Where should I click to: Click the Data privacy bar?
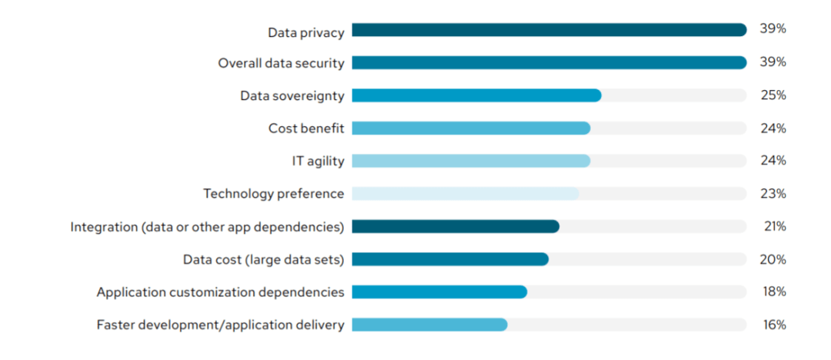click(x=549, y=30)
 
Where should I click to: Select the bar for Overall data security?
click(x=549, y=63)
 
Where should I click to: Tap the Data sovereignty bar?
click(x=476, y=95)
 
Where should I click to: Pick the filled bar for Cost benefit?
click(x=471, y=128)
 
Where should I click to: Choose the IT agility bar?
click(x=471, y=161)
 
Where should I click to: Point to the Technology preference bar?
click(x=466, y=194)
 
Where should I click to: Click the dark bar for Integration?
click(x=456, y=226)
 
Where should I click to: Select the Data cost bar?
click(x=450, y=259)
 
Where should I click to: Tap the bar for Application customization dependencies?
click(x=439, y=292)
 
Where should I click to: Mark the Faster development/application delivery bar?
click(x=429, y=325)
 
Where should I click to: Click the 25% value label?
click(x=773, y=95)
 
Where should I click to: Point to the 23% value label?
click(x=773, y=194)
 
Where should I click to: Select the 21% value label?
click(x=773, y=226)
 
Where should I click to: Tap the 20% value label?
click(x=773, y=259)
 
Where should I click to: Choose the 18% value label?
click(x=773, y=292)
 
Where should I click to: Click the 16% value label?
click(x=773, y=325)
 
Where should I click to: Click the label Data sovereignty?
click(x=292, y=95)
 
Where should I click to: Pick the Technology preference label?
click(x=273, y=194)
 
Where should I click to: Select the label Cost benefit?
click(x=305, y=128)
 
